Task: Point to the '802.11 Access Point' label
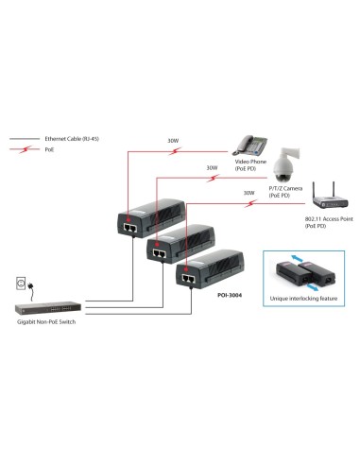323,219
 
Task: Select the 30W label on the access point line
249,193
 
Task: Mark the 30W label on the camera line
210,169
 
